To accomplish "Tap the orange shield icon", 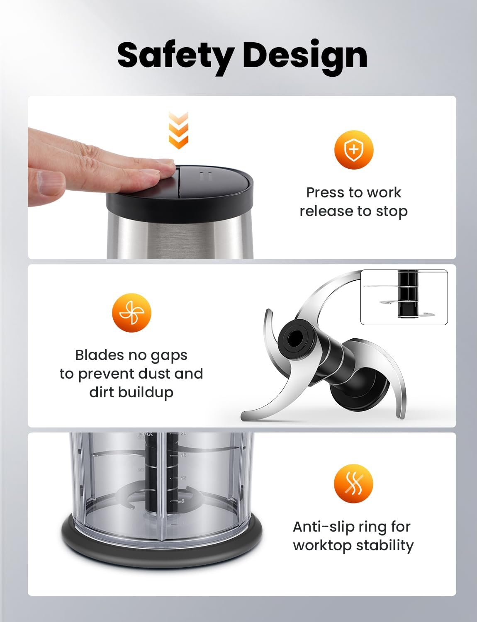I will coord(354,150).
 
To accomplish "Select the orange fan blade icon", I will coord(131,313).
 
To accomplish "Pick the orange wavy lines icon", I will coord(353,484).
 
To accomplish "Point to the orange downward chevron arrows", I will coord(178,131).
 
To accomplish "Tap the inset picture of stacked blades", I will coord(404,297).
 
